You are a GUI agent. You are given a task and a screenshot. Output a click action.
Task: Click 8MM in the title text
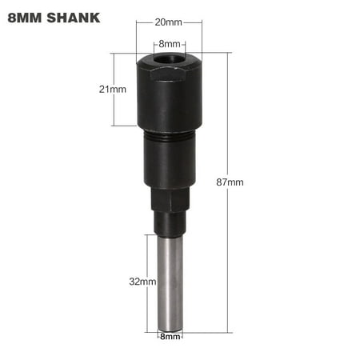(x=25, y=17)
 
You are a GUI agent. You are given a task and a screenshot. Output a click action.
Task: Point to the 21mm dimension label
(x=113, y=90)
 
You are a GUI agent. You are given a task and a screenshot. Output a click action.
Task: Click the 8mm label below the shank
(x=169, y=337)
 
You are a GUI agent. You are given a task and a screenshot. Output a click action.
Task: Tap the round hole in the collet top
(x=169, y=60)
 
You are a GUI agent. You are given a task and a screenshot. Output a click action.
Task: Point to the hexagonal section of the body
(x=169, y=201)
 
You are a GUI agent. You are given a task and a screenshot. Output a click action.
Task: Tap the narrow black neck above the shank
(x=169, y=225)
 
